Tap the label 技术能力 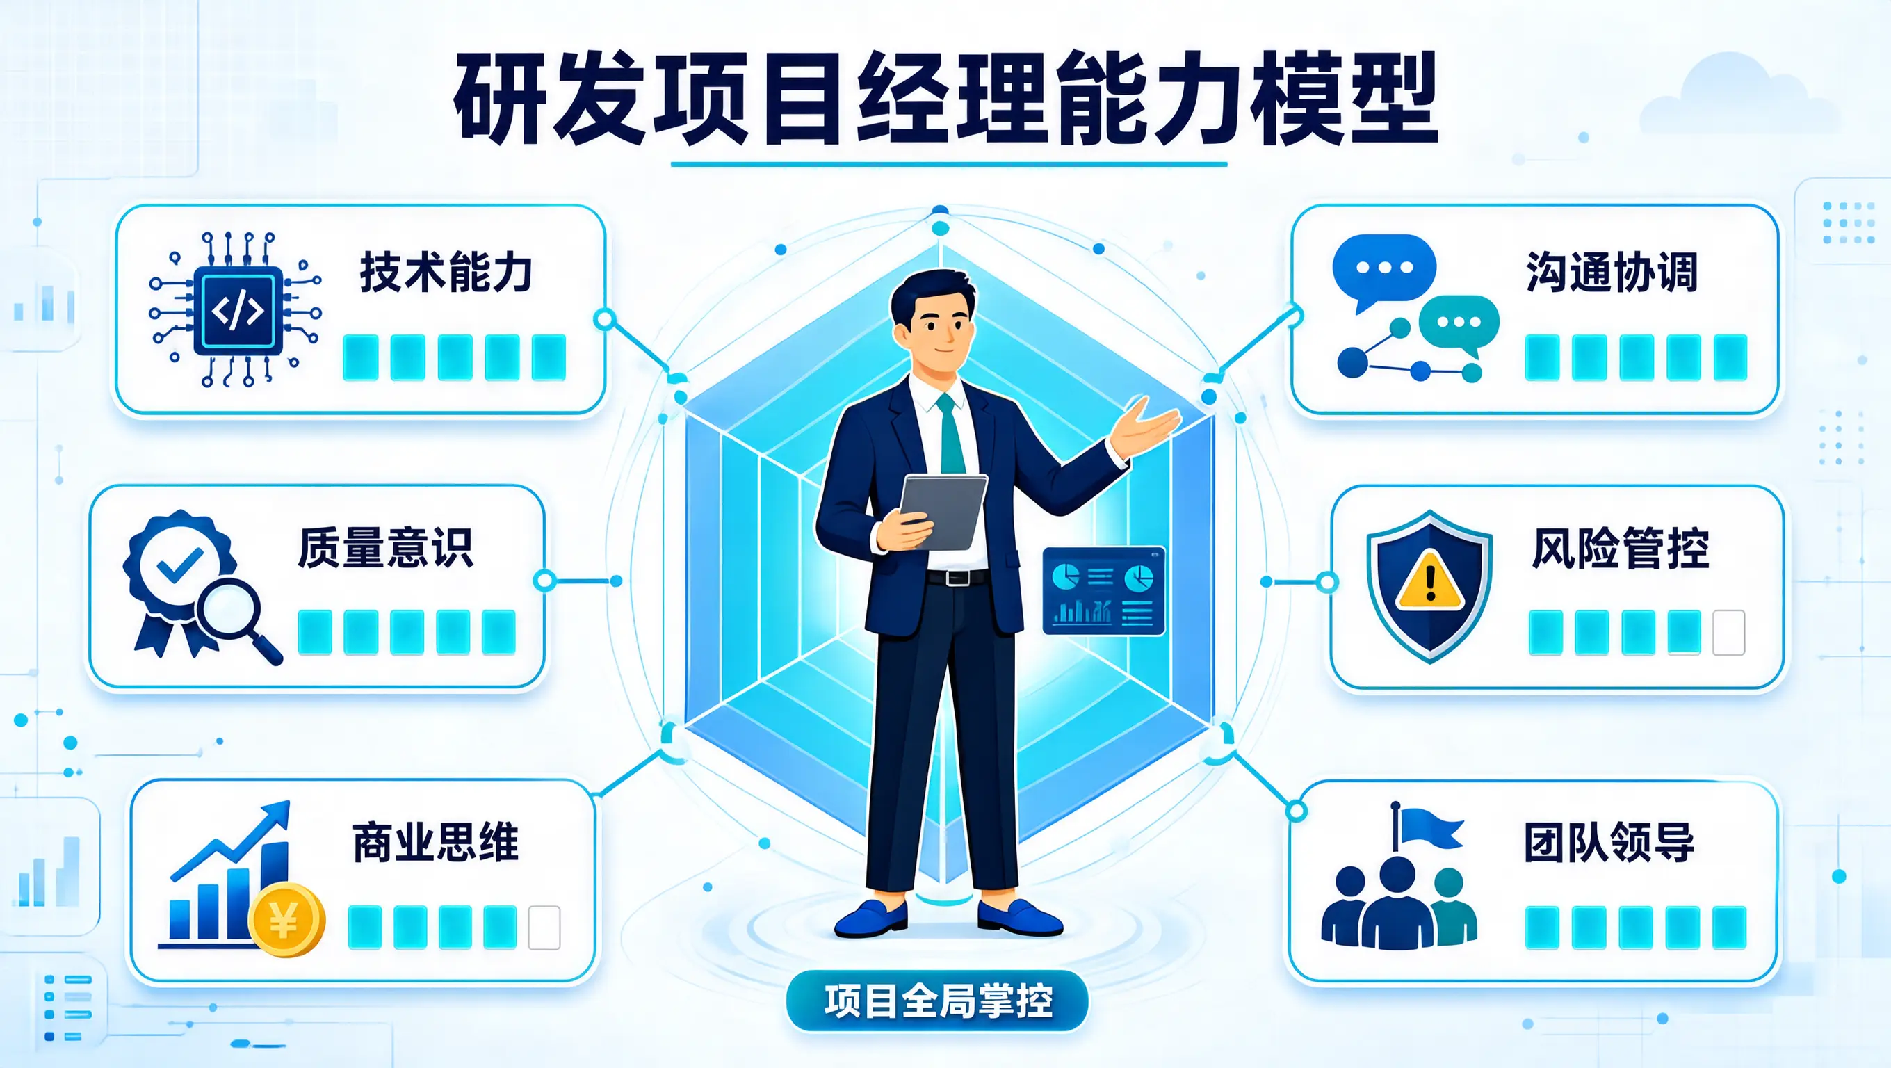[x=446, y=273]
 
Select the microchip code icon [x=236, y=309]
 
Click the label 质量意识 [x=385, y=548]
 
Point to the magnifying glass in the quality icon [x=236, y=619]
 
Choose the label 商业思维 [x=436, y=842]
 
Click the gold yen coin [x=286, y=920]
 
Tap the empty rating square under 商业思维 [x=544, y=928]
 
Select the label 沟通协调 [x=1612, y=273]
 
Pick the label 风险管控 [x=1621, y=548]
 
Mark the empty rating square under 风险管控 [x=1729, y=633]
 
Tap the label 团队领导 [x=1610, y=842]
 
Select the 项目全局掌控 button [x=937, y=1001]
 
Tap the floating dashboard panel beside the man [x=1103, y=591]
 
